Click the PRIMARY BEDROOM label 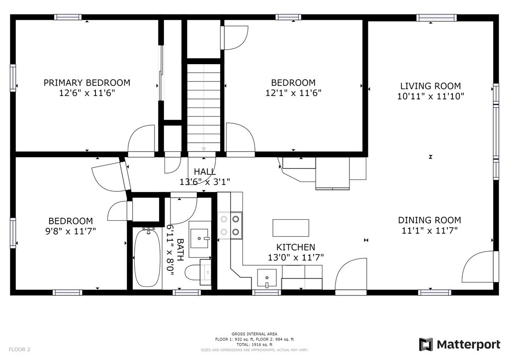tap(86, 83)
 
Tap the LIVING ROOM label tap(430, 86)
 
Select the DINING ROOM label tap(429, 220)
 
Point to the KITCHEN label tap(296, 247)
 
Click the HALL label tap(205, 172)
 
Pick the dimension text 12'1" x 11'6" tap(293, 93)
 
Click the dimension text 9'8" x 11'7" tap(71, 231)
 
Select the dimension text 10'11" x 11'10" tap(430, 96)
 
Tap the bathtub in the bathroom tap(147, 257)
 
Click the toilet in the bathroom tap(198, 272)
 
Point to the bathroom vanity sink tap(199, 238)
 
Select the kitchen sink tap(267, 278)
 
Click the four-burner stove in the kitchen tap(230, 225)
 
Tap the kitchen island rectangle tap(291, 228)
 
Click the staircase tap(204, 107)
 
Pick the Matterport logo tap(460, 344)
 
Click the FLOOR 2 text tap(19, 350)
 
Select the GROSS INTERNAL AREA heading tap(254, 334)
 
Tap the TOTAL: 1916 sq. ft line tap(254, 345)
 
